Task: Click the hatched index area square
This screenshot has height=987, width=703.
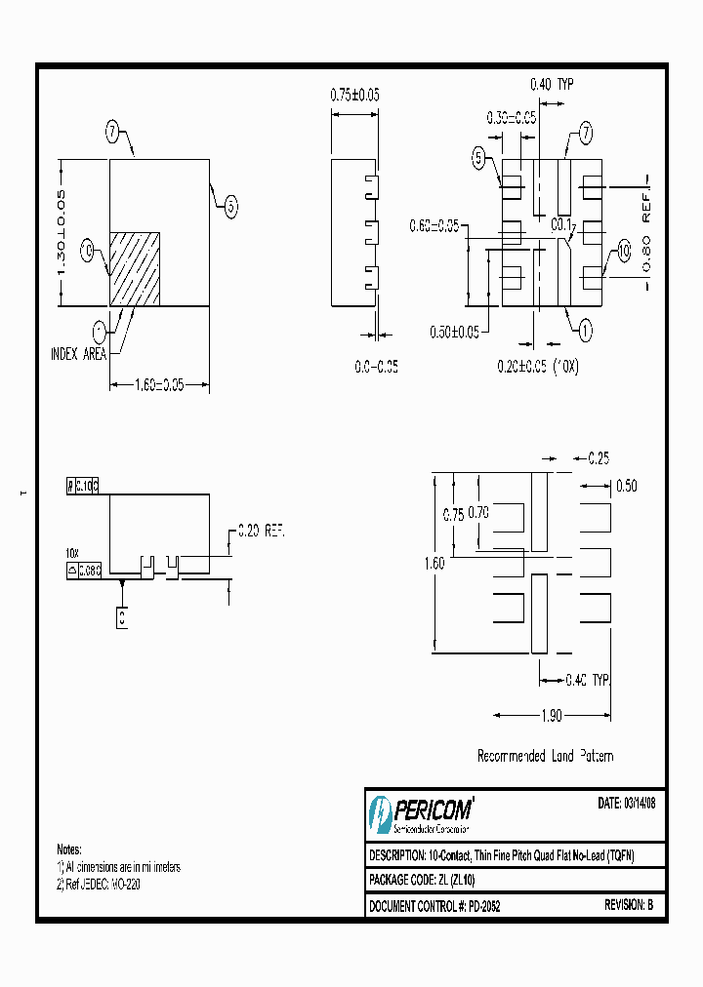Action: coord(134,268)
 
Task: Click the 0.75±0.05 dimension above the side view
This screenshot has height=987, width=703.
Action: coord(354,95)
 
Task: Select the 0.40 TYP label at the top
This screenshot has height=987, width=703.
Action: coord(552,85)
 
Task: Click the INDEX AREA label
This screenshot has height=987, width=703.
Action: coord(78,355)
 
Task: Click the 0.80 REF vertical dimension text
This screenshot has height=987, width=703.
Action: coord(645,233)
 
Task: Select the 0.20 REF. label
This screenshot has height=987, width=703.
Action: coord(261,532)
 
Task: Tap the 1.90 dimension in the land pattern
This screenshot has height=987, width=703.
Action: coord(553,716)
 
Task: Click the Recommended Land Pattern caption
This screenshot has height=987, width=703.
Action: coord(545,756)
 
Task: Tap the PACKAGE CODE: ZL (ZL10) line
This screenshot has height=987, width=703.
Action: coord(422,881)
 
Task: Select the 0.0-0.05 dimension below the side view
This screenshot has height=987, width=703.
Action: coord(376,367)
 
